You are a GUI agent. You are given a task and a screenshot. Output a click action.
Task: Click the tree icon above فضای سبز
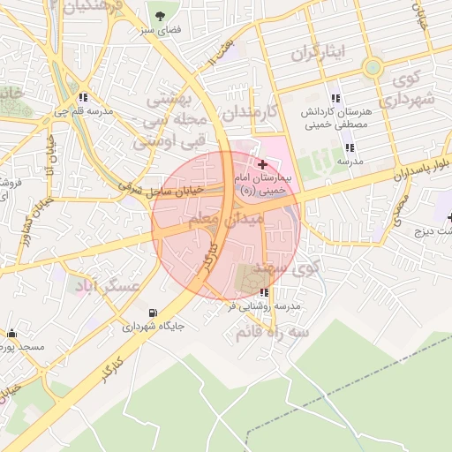(x=160, y=16)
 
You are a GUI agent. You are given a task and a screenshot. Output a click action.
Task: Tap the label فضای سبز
(x=160, y=29)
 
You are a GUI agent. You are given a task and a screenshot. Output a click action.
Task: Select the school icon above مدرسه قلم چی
(x=83, y=98)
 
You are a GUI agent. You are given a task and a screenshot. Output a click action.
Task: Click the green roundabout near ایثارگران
(x=373, y=66)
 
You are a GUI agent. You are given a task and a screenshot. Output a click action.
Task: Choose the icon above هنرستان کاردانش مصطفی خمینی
(x=335, y=99)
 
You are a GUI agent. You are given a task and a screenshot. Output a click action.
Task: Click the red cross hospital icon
(x=262, y=164)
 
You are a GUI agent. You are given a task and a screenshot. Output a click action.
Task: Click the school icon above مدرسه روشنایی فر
(x=264, y=292)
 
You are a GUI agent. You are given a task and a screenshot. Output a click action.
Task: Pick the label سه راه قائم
(x=272, y=333)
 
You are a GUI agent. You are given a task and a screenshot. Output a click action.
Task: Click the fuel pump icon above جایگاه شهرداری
(x=154, y=313)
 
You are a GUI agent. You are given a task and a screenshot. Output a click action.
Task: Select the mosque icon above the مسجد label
(x=11, y=334)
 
